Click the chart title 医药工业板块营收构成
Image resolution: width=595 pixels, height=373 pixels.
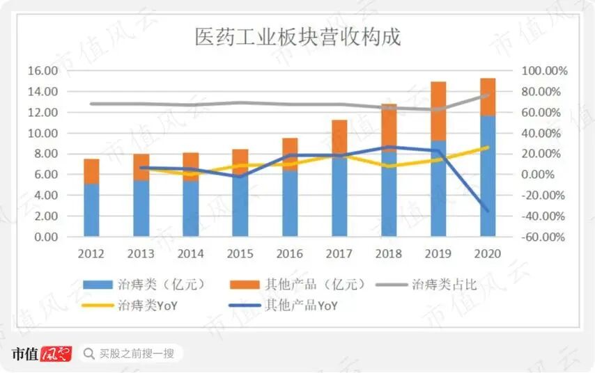point(297,37)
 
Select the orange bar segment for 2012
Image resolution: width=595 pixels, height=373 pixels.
point(91,171)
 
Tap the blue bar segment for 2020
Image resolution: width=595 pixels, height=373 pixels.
point(488,176)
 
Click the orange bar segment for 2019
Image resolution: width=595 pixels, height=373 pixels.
point(438,111)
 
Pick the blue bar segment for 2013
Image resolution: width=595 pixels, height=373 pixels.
point(141,208)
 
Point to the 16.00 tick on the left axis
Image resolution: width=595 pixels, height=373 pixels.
point(43,70)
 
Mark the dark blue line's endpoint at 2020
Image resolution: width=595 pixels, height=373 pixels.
point(488,210)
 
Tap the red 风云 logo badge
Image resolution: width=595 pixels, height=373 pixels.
point(56,354)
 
